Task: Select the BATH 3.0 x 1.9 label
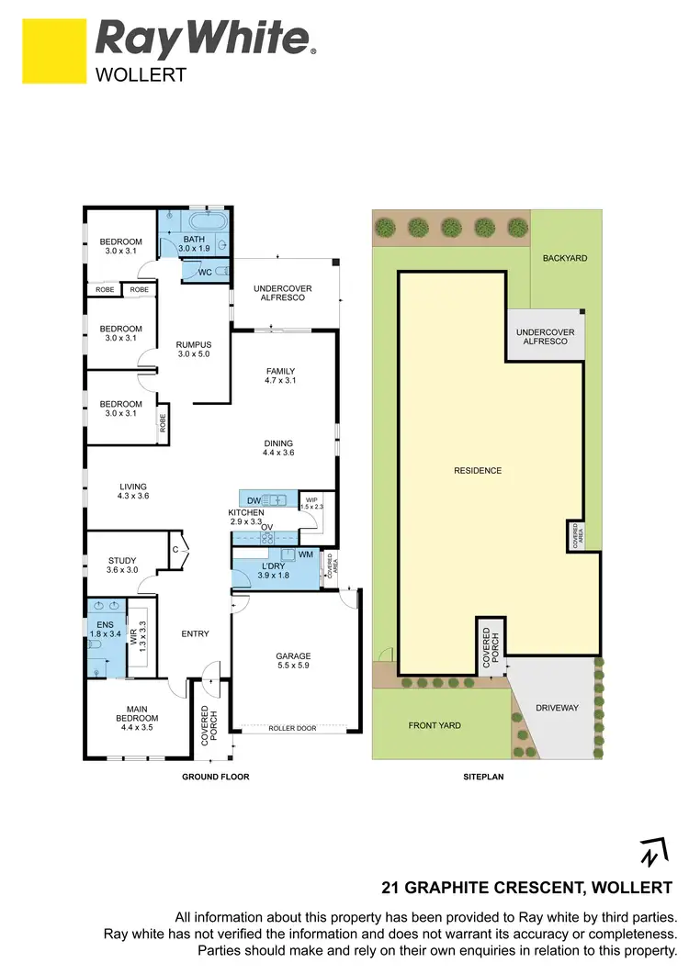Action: [x=194, y=243]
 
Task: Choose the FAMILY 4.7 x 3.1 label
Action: [x=281, y=375]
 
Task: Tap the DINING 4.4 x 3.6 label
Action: [x=281, y=447]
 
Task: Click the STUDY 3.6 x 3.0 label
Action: [x=121, y=565]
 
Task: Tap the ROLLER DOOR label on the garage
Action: [x=292, y=728]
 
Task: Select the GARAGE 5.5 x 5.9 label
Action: [x=294, y=662]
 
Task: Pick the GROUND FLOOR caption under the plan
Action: [x=216, y=777]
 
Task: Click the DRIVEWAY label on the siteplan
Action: [x=556, y=707]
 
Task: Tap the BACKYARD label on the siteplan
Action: [x=564, y=258]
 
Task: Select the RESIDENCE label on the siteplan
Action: [x=478, y=471]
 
